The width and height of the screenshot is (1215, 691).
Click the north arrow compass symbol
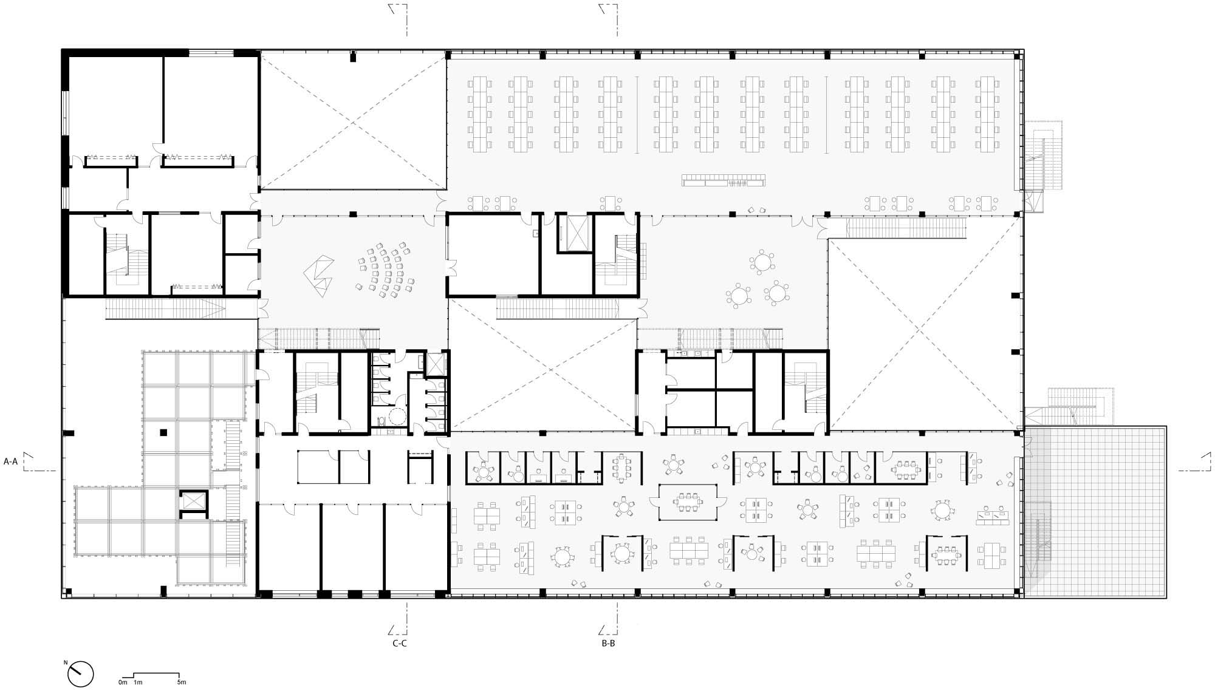[81, 673]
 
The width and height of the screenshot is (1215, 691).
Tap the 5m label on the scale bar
[181, 682]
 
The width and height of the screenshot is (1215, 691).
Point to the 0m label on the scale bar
[123, 682]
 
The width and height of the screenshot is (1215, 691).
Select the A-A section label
[11, 461]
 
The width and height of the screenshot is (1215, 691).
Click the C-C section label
[399, 644]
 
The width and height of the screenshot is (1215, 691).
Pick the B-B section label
[608, 644]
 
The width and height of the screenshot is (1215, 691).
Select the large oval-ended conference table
[688, 502]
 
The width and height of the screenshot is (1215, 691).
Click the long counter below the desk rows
[724, 180]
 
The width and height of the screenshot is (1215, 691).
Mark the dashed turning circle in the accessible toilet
[398, 417]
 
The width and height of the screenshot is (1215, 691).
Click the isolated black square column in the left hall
[163, 433]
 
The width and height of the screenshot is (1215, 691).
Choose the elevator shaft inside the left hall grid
[193, 502]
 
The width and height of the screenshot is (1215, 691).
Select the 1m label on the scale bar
[138, 682]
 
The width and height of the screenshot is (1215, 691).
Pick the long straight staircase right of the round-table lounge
[906, 229]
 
